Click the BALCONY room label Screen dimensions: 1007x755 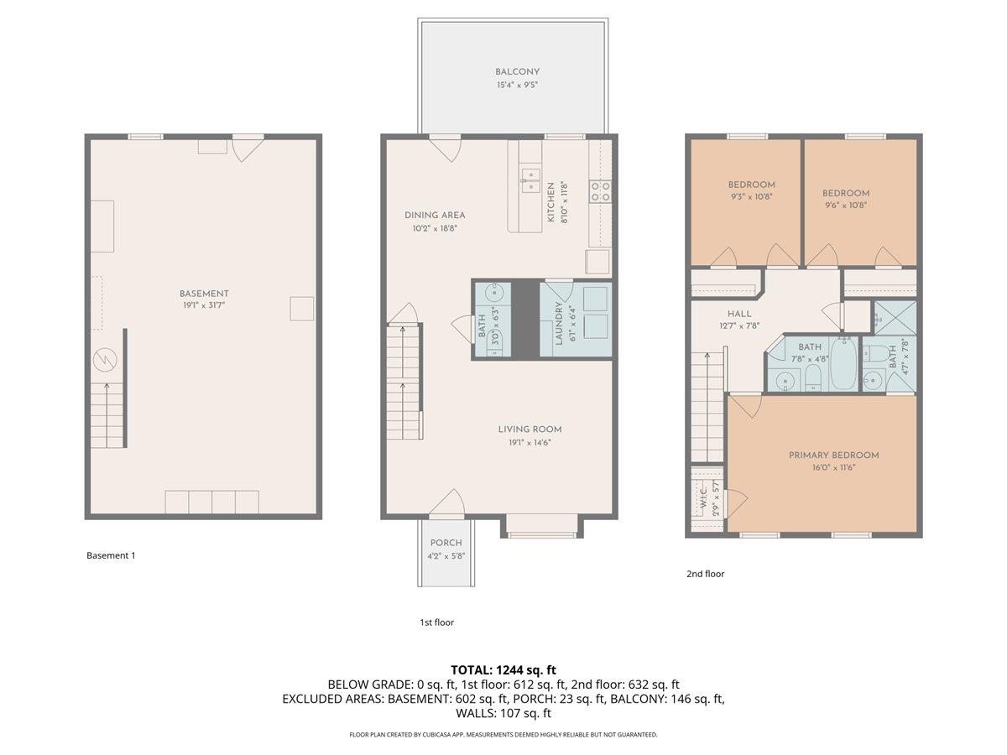(517, 72)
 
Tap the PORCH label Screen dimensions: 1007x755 (446, 543)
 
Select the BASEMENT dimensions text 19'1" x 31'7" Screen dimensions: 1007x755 (204, 305)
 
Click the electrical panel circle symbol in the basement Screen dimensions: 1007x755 (105, 360)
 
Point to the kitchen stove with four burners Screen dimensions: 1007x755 (600, 191)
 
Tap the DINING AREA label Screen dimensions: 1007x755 (435, 215)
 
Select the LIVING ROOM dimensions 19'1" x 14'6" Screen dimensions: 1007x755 (530, 442)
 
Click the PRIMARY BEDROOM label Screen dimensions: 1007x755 (833, 456)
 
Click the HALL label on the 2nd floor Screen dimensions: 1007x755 (739, 314)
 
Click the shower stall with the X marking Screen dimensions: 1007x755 (895, 318)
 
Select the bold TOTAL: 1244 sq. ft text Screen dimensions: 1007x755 (503, 670)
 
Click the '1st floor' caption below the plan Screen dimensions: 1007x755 (436, 622)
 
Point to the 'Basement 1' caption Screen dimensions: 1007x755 (111, 555)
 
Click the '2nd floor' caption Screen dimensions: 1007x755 (705, 574)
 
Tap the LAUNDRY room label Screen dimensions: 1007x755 (558, 323)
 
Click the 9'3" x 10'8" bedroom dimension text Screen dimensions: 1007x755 (751, 196)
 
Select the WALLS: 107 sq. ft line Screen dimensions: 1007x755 (503, 713)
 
